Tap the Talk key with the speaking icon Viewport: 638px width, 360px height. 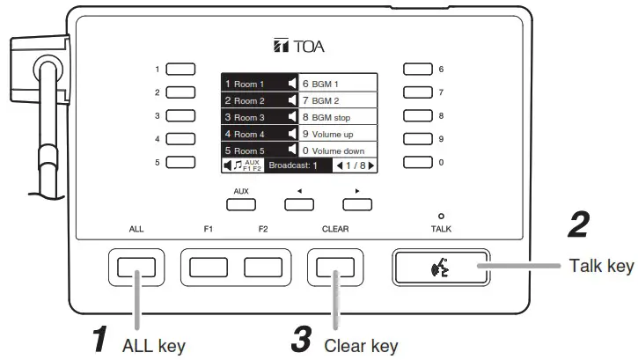tap(438, 268)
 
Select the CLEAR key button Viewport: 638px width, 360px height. tap(334, 268)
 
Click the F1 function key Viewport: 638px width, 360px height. tap(208, 268)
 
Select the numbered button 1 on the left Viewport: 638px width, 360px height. tap(180, 69)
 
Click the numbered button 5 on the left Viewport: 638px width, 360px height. tap(180, 162)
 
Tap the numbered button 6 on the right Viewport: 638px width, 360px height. tap(419, 69)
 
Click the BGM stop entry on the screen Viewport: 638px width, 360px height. tap(331, 117)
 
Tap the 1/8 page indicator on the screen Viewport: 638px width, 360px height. tap(354, 165)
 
